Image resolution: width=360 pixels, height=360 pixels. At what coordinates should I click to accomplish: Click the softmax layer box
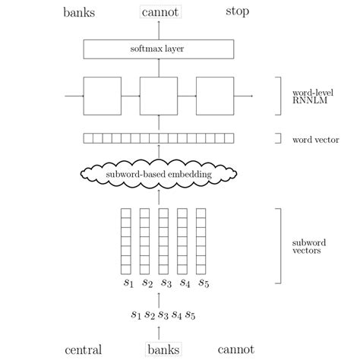pyautogui.click(x=158, y=49)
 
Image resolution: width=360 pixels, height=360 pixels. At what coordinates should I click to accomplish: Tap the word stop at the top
pyautogui.click(x=237, y=12)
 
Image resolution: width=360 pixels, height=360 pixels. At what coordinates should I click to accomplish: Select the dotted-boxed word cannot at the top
pyautogui.click(x=158, y=12)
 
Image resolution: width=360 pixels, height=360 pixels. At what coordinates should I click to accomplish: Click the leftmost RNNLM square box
pyautogui.click(x=103, y=96)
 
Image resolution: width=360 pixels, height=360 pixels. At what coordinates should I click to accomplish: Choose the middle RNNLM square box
pyautogui.click(x=158, y=96)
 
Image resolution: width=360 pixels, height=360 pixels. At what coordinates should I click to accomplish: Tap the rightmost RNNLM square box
pyautogui.click(x=214, y=96)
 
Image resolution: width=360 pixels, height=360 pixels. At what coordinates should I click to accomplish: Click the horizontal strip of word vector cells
pyautogui.click(x=158, y=138)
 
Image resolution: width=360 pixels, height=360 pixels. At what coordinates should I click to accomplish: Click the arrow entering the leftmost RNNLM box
pyautogui.click(x=74, y=96)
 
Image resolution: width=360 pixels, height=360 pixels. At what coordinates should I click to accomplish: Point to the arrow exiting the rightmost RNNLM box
pyautogui.click(x=244, y=96)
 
